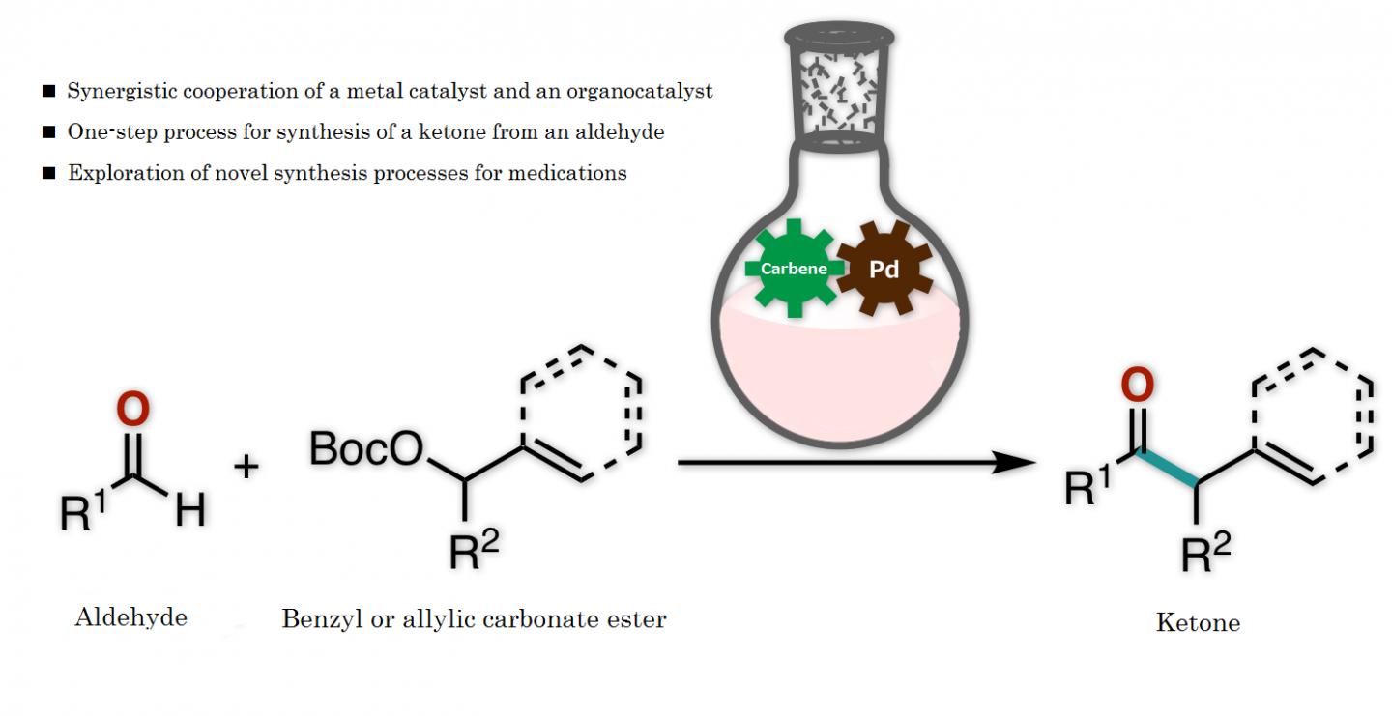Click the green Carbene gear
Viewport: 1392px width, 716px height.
point(794,268)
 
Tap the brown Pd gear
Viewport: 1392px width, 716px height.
point(884,270)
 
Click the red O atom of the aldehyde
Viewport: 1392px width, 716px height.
point(132,410)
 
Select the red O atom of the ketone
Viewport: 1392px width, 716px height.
point(1137,386)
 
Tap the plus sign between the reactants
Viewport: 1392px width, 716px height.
point(247,468)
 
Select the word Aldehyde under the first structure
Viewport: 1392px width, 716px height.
point(130,617)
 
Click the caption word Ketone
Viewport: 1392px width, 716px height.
point(1198,622)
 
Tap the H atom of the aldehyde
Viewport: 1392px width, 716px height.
point(190,511)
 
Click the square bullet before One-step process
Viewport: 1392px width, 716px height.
point(49,132)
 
